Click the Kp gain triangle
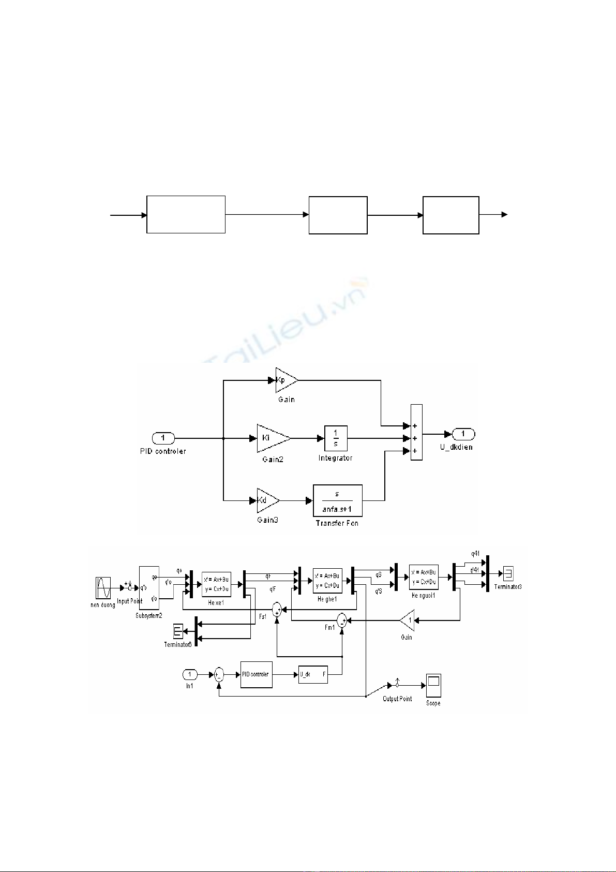286,380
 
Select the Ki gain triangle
272,438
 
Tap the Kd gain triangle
267,500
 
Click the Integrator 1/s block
336,438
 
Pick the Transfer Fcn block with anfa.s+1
337,500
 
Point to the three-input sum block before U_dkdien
416,433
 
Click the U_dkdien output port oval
463,434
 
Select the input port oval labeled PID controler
163,438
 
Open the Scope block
433,686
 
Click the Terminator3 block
508,573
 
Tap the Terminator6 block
178,631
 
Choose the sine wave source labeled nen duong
103,588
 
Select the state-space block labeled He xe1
216,584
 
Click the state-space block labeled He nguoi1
424,578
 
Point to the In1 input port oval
189,674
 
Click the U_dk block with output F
313,674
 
